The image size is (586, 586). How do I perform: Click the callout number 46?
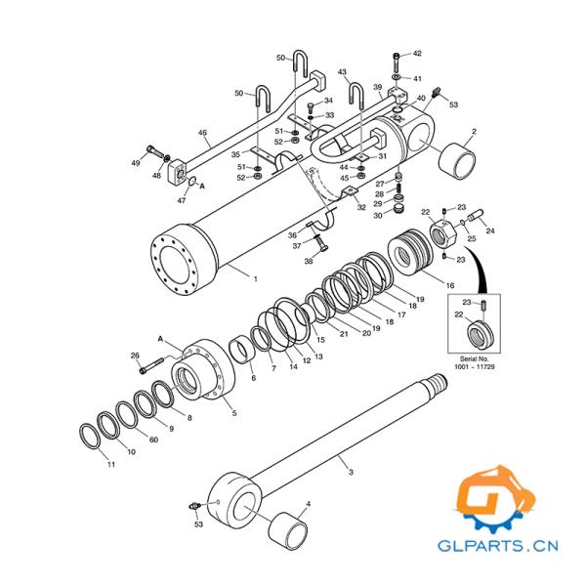pyautogui.click(x=202, y=133)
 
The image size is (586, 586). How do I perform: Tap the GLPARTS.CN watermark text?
pyautogui.click(x=498, y=546)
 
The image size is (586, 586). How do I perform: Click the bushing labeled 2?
pyautogui.click(x=457, y=160)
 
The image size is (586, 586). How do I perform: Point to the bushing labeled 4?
pyautogui.click(x=288, y=531)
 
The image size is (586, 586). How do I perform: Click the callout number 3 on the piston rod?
pyautogui.click(x=351, y=472)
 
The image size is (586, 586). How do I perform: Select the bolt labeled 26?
pyautogui.click(x=151, y=365)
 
